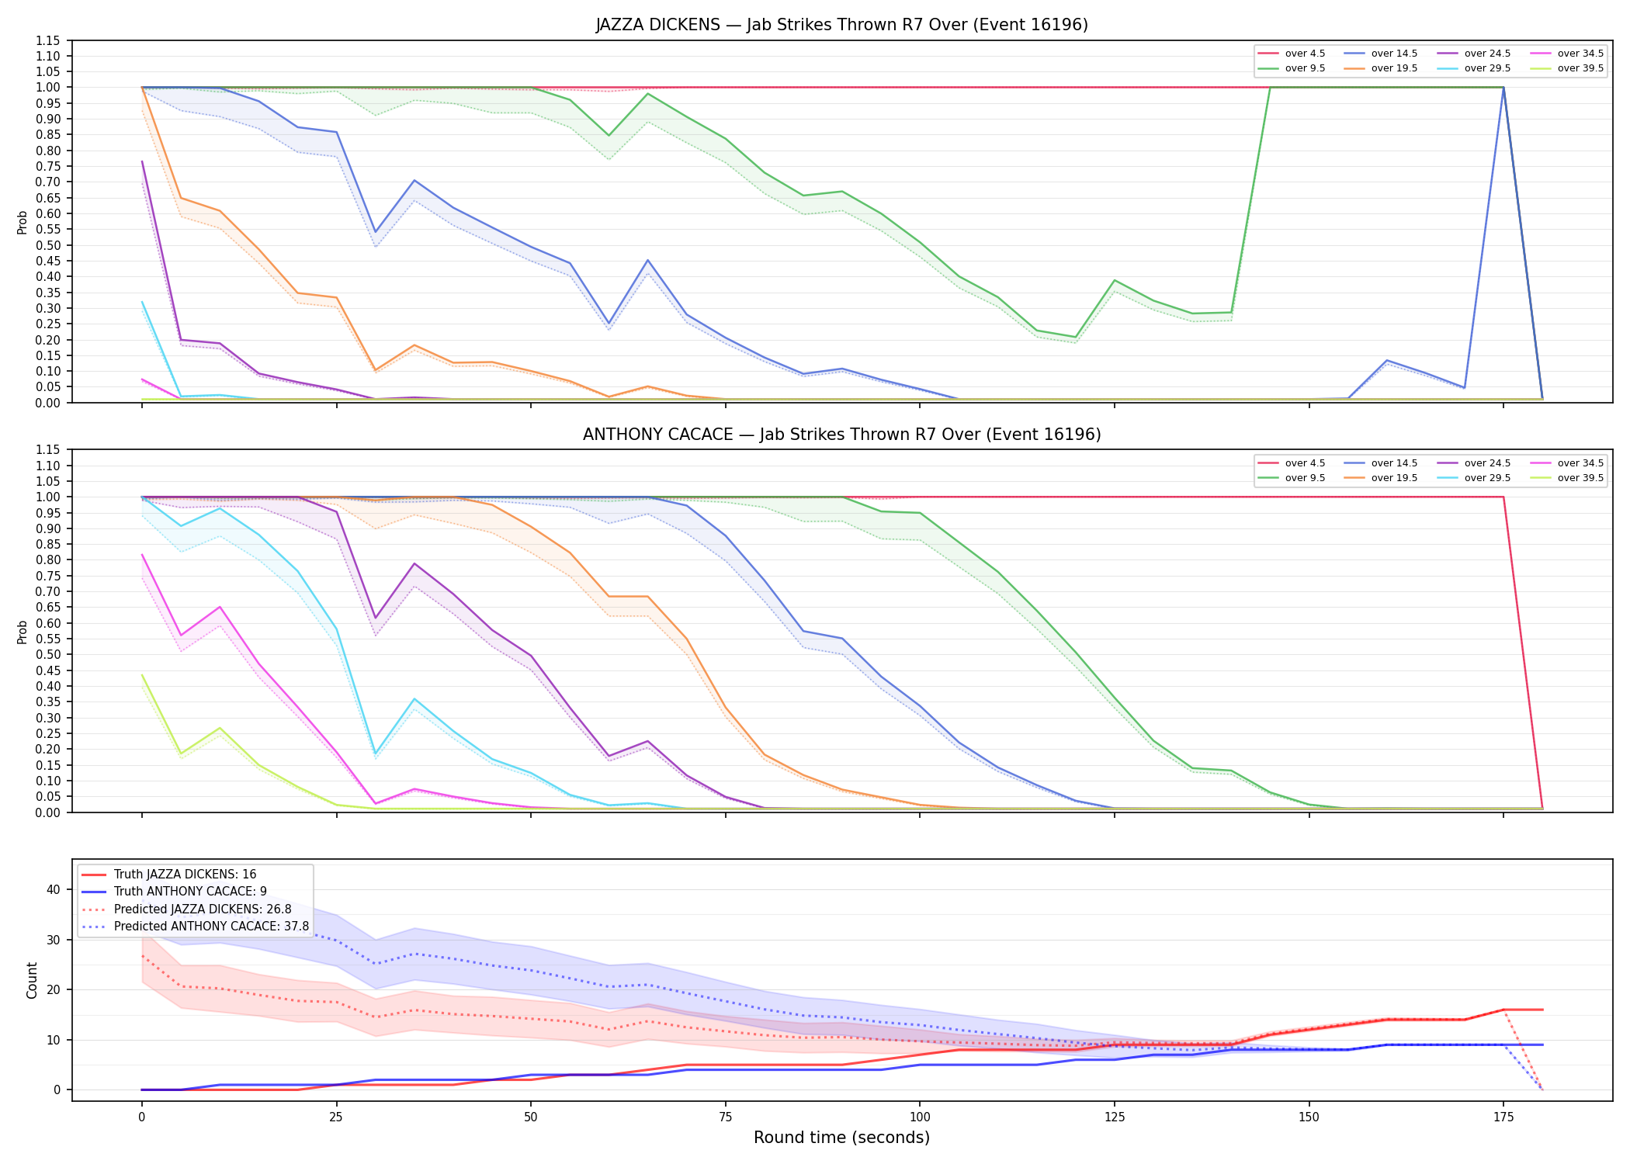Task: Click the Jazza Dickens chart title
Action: [841, 25]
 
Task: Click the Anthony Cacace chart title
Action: [841, 435]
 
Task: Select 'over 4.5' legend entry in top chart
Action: [1292, 54]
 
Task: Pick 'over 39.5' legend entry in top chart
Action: [1566, 68]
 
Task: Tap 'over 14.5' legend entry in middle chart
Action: [1381, 463]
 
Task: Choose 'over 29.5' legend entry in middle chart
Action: [1473, 478]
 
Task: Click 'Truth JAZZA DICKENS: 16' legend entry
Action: [169, 875]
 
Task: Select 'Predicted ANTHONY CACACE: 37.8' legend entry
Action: [196, 927]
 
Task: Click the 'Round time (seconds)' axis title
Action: [841, 1138]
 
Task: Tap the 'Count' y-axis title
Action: [32, 980]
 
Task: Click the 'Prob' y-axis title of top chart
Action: [23, 223]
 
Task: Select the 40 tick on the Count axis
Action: [54, 889]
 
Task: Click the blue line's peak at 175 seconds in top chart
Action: [1503, 88]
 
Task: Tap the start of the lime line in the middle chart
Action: [142, 675]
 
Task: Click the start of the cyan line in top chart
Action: [142, 302]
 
